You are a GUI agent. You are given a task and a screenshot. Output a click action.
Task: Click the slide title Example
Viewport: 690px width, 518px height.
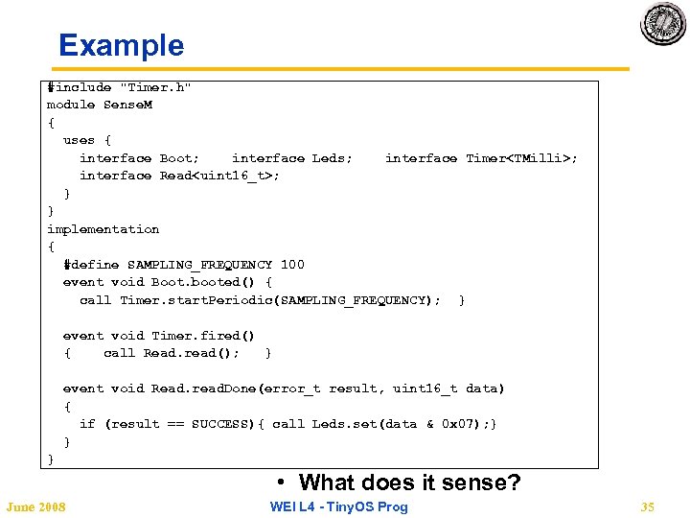tap(121, 45)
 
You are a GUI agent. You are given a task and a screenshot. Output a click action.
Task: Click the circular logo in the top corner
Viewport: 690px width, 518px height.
tap(663, 24)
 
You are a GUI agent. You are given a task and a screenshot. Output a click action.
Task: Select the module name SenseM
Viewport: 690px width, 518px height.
tap(127, 105)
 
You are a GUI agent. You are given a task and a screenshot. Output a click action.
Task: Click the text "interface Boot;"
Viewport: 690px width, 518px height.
tap(140, 158)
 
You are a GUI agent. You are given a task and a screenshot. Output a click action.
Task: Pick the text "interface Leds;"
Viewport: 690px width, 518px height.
tap(292, 158)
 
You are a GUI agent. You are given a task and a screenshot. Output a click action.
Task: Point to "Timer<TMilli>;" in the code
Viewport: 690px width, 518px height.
tap(522, 158)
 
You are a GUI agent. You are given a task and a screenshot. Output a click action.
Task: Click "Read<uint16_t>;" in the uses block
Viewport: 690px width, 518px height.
tap(219, 176)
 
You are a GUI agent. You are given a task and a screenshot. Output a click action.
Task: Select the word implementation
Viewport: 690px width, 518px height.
tap(103, 229)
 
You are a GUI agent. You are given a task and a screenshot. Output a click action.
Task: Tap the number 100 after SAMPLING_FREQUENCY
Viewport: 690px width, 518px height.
tap(292, 265)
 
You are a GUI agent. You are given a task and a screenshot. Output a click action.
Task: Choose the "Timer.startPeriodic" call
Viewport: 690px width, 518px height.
tap(195, 300)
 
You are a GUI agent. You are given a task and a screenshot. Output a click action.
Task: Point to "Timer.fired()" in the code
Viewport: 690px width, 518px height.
tap(203, 336)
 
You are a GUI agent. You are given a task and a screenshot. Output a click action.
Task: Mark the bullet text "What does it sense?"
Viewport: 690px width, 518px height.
tap(409, 483)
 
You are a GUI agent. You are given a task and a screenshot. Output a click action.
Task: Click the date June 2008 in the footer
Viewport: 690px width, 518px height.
tap(35, 506)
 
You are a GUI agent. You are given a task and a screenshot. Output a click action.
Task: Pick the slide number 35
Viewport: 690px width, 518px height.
tap(647, 506)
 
